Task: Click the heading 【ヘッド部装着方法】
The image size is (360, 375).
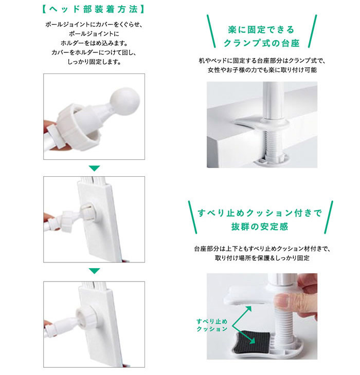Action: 94,9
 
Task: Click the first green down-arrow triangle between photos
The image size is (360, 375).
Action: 94,168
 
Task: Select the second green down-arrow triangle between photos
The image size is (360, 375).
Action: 94,271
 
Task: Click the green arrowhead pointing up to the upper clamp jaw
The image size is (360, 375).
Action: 247,308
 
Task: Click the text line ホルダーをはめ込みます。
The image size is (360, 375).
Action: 94,43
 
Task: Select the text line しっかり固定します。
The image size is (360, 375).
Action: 94,62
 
